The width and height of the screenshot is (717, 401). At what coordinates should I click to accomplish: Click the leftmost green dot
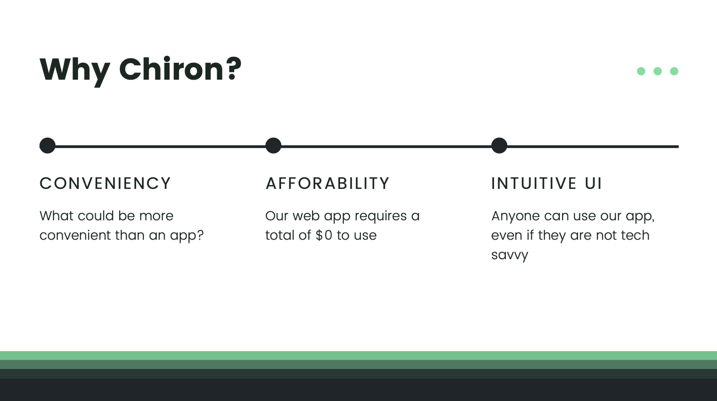[641, 71]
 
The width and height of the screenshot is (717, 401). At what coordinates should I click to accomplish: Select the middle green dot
[657, 71]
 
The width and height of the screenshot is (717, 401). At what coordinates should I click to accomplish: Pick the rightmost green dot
[674, 71]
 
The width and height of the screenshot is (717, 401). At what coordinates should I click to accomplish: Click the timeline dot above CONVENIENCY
[47, 145]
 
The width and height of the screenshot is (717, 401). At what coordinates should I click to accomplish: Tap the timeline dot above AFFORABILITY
[273, 145]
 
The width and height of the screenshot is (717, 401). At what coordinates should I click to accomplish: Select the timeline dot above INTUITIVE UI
[499, 145]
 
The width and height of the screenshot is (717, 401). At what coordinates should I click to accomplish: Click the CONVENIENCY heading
[105, 183]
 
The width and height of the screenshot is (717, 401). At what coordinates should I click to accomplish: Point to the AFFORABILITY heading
[328, 183]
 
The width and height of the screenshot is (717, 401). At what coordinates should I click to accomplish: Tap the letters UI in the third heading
[593, 183]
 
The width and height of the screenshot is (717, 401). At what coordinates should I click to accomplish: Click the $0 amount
[324, 235]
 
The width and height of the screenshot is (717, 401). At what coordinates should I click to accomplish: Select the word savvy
[510, 255]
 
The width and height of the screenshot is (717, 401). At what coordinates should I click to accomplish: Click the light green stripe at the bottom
[358, 355]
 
